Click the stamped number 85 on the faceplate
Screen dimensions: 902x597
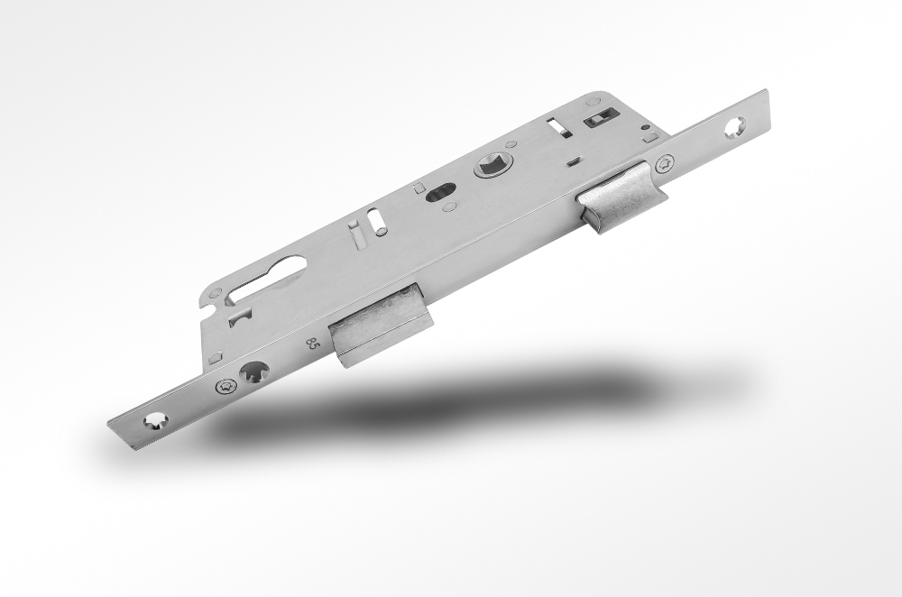312,344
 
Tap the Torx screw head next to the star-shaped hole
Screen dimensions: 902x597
225,386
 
